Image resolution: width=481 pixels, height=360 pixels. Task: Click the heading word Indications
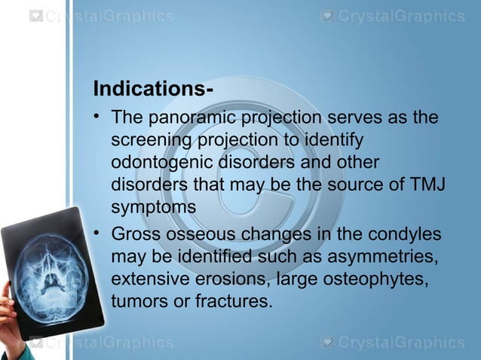[x=148, y=90]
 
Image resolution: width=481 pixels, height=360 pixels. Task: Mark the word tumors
[x=136, y=301]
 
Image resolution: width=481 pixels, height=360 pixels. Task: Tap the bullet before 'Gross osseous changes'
[x=98, y=234]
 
